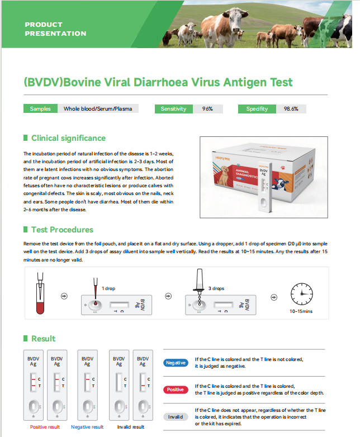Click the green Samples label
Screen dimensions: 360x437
click(x=40, y=109)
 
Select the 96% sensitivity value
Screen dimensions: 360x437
click(x=207, y=109)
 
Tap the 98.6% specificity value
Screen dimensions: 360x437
click(x=291, y=109)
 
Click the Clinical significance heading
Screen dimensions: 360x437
click(x=68, y=138)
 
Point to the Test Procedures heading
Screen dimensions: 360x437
click(x=62, y=230)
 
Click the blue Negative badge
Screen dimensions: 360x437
click(x=176, y=363)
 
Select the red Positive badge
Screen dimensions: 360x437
click(x=176, y=389)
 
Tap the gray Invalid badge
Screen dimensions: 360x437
click(x=176, y=417)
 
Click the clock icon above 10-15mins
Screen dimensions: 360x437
click(x=302, y=294)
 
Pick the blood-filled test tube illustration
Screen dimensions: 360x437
click(x=40, y=293)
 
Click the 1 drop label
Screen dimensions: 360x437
click(x=108, y=288)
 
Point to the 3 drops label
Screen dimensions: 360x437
click(x=216, y=288)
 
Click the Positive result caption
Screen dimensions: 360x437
click(x=45, y=427)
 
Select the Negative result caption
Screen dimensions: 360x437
click(x=87, y=427)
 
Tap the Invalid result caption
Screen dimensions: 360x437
click(x=131, y=427)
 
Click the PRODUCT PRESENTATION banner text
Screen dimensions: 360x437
click(x=55, y=29)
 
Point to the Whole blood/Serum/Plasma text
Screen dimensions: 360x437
click(x=98, y=109)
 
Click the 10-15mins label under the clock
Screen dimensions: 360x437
click(x=301, y=311)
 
